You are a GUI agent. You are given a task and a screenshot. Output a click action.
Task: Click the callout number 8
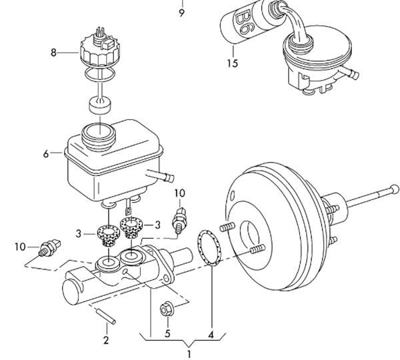tap(53, 53)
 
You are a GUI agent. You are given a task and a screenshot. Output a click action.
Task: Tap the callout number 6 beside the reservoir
tap(46, 154)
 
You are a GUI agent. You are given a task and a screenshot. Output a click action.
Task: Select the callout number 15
tap(233, 63)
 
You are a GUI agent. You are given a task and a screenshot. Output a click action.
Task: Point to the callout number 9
tap(181, 13)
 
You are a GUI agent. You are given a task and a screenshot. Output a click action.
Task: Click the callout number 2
tap(106, 340)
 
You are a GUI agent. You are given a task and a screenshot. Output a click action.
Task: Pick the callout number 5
tap(167, 333)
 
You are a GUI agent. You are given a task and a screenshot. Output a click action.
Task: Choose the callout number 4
tap(211, 335)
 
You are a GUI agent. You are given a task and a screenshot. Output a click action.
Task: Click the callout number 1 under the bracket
tap(189, 355)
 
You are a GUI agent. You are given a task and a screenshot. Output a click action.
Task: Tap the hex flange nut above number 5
tap(167, 309)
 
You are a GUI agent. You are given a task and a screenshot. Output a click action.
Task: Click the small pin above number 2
tap(105, 317)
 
